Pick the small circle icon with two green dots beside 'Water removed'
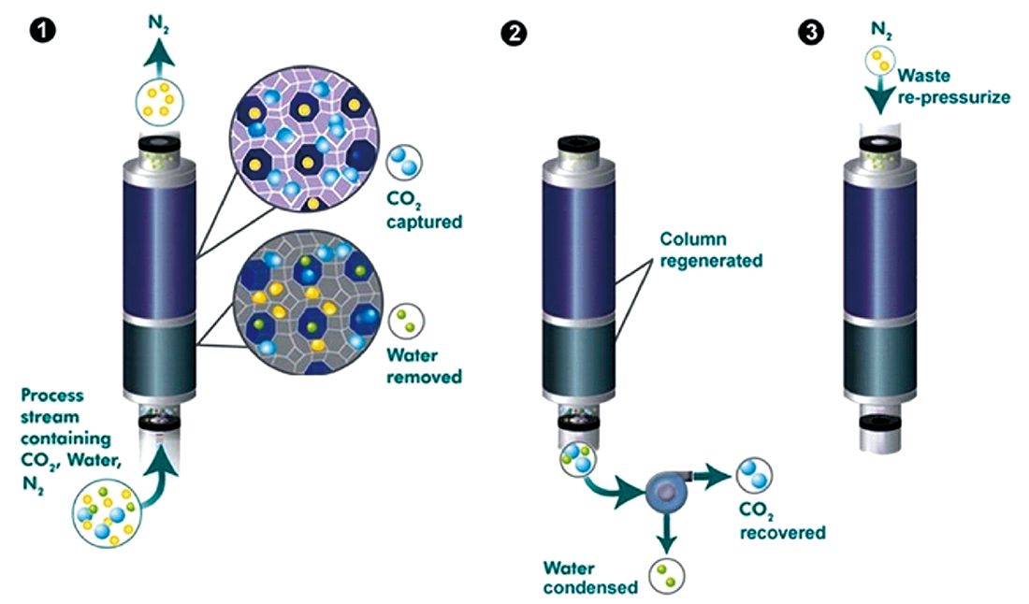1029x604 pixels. pyautogui.click(x=408, y=321)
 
